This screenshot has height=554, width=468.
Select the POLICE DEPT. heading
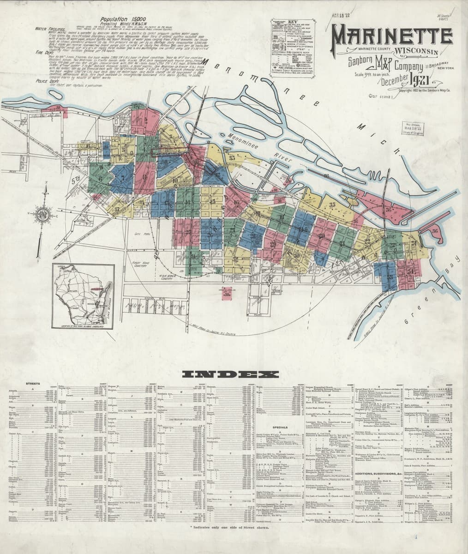tap(47, 80)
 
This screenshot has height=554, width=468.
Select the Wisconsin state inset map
tap(83, 295)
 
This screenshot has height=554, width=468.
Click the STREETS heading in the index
tap(33, 384)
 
